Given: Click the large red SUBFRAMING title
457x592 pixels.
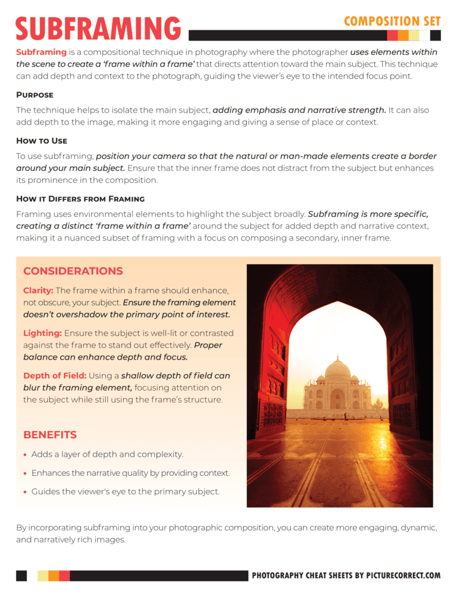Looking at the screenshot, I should tap(98, 29).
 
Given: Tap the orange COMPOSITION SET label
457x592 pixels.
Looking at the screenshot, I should tap(392, 21).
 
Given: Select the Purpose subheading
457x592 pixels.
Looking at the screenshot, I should tap(35, 95).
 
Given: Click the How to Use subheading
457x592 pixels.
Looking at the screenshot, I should tap(42, 141).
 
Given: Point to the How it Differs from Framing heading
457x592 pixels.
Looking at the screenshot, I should tap(80, 198).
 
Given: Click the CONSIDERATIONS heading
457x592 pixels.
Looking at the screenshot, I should tap(73, 271).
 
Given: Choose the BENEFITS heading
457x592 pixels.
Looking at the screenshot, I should tap(50, 435).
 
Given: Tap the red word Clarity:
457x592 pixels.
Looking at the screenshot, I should tap(38, 290).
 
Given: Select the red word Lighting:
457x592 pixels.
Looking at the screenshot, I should tap(42, 333).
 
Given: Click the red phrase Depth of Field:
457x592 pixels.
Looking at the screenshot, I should tap(55, 376).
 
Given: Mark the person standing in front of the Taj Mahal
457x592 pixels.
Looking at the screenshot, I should tap(345, 413).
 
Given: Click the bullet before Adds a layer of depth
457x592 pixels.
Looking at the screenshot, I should tap(26, 455).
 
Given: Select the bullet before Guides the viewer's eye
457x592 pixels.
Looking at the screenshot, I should tap(26, 492).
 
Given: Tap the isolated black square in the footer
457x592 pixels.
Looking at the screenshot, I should tap(21, 575).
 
